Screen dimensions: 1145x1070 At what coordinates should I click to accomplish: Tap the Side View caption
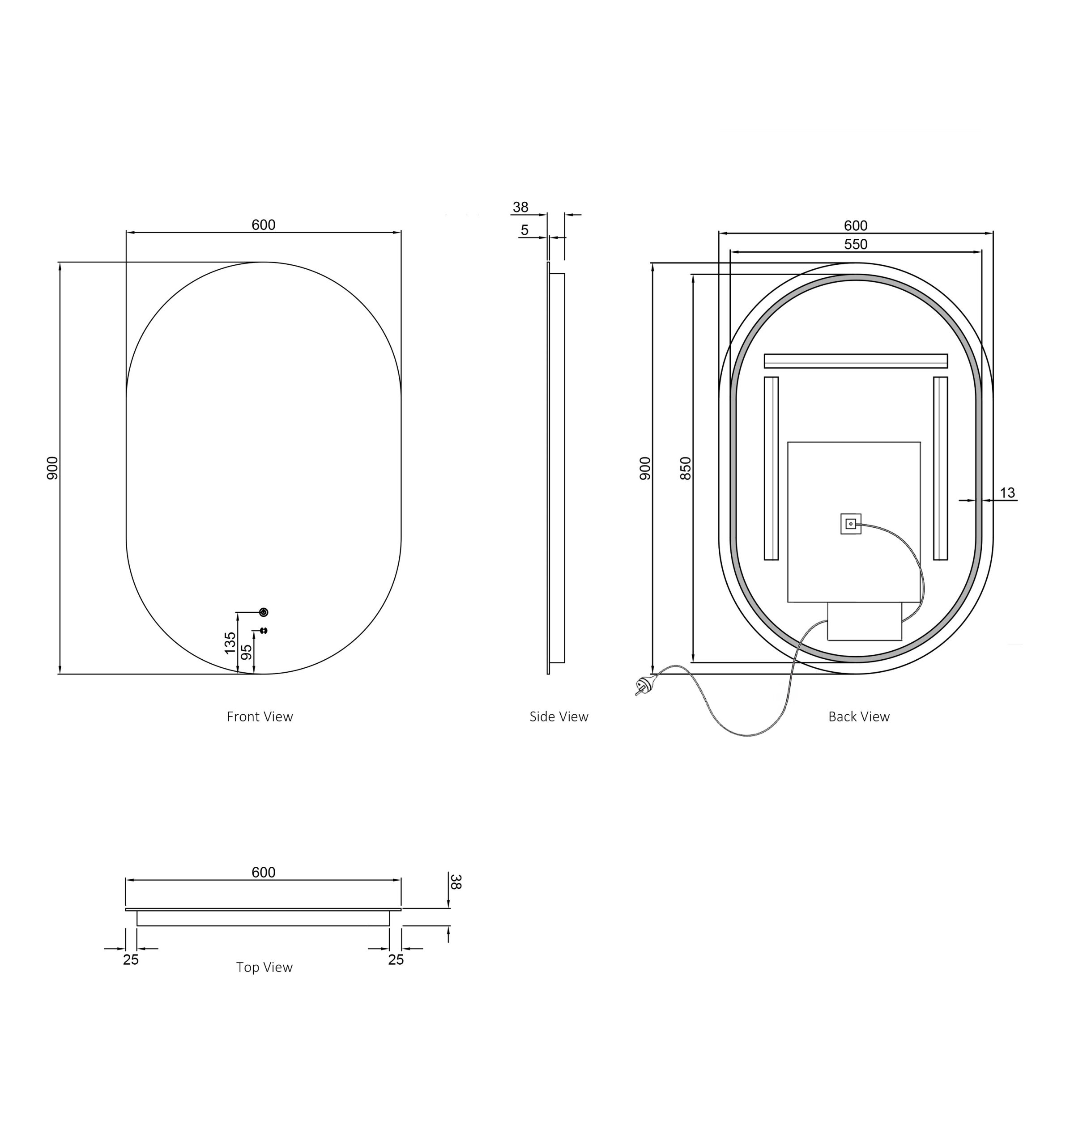558,717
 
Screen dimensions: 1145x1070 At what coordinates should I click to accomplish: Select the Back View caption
858,717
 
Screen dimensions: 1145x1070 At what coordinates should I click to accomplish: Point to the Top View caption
264,967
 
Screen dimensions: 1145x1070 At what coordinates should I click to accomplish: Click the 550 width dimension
855,244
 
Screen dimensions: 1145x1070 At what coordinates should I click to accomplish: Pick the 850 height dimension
685,468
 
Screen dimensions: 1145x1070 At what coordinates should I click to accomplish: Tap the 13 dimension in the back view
1007,493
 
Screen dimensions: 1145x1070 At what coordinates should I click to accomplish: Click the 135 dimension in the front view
230,643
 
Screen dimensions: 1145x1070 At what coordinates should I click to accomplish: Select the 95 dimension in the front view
246,652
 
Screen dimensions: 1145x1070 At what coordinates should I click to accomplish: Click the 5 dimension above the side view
524,230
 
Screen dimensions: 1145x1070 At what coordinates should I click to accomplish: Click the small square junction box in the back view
850,524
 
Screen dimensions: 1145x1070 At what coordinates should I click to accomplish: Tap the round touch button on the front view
264,612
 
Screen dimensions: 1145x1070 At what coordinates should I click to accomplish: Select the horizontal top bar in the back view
855,361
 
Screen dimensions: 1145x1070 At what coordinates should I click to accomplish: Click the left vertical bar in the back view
771,468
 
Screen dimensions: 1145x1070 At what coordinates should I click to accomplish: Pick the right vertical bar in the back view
940,468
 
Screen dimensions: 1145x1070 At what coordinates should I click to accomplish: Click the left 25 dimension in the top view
131,959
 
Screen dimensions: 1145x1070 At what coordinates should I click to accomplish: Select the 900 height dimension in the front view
52,468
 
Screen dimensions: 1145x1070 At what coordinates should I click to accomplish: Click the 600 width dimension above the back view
855,226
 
